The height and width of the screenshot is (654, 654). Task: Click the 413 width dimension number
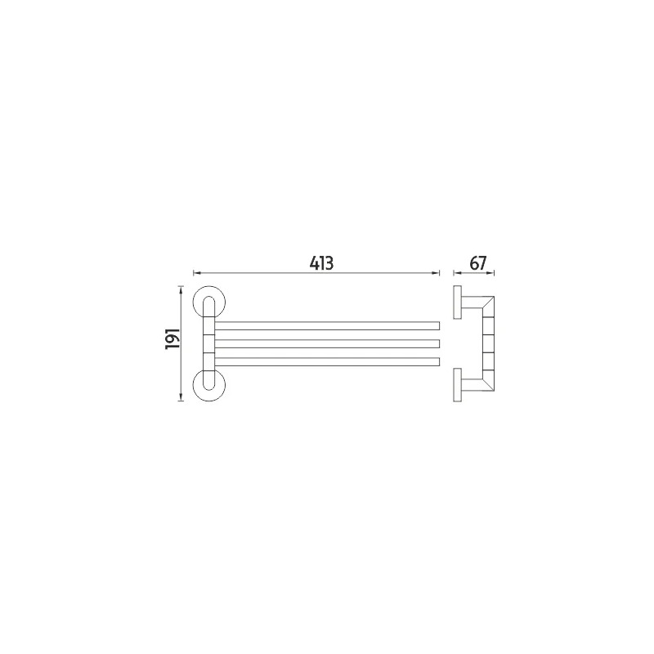tap(321, 263)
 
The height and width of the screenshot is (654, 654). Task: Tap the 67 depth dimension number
tap(478, 263)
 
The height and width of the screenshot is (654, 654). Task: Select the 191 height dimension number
tap(172, 338)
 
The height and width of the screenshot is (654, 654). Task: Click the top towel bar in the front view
tap(327, 325)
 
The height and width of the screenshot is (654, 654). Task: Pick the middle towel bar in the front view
tap(327, 343)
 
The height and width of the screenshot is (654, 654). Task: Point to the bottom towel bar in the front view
tap(327, 361)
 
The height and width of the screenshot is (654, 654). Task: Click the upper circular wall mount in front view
tap(209, 302)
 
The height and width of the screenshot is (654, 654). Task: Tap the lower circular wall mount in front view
tap(209, 385)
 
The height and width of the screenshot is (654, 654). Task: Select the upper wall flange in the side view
tap(457, 302)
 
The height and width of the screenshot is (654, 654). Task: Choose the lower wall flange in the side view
tap(457, 385)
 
